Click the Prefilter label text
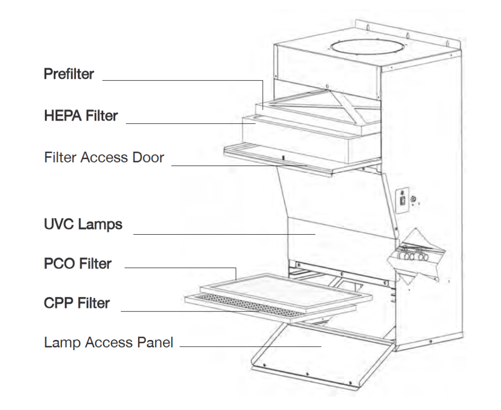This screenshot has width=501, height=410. (69, 74)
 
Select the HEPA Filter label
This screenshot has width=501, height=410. (81, 116)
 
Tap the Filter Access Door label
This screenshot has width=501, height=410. (104, 158)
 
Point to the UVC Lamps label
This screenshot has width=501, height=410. (83, 225)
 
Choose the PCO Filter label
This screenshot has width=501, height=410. (78, 264)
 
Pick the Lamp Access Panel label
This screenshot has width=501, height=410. (109, 342)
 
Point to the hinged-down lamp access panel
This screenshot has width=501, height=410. (318, 358)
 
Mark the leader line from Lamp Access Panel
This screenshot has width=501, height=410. (250, 346)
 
